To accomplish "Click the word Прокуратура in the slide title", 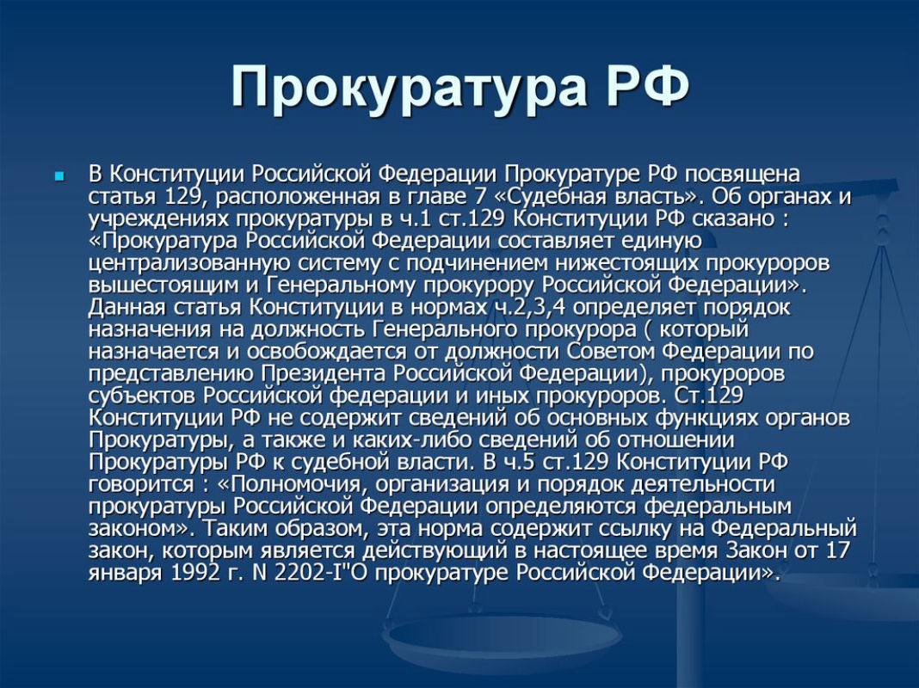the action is click(x=409, y=87).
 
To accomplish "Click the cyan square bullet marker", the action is click(x=59, y=175).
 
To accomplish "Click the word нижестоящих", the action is click(x=627, y=263).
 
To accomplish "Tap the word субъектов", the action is click(x=143, y=396).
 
